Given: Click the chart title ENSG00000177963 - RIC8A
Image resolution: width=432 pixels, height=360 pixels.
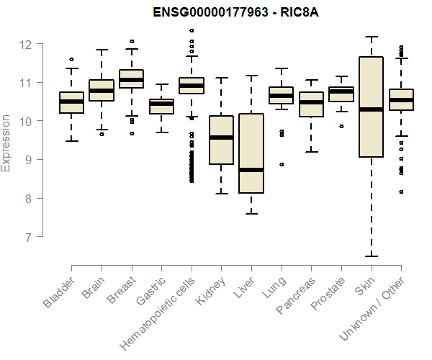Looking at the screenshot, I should pyautogui.click(x=236, y=12).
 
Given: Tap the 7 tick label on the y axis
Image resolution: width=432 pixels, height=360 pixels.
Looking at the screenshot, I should pyautogui.click(x=27, y=236).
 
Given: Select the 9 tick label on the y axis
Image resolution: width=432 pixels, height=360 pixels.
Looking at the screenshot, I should pyautogui.click(x=27, y=159).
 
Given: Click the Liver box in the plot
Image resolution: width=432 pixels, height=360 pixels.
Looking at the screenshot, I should pyautogui.click(x=251, y=153).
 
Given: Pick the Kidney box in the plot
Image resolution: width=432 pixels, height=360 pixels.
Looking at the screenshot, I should pyautogui.click(x=221, y=140).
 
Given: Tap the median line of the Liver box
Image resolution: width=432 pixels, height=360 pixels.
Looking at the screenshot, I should pyautogui.click(x=251, y=170).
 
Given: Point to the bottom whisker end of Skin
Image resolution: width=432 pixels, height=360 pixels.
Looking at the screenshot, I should pyautogui.click(x=371, y=256).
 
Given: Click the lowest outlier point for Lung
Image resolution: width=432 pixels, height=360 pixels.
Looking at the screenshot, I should pyautogui.click(x=282, y=164).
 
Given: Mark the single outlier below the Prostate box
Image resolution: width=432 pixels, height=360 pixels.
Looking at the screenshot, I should pyautogui.click(x=341, y=126).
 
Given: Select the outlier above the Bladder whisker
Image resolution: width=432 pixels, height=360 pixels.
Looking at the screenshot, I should pyautogui.click(x=71, y=59).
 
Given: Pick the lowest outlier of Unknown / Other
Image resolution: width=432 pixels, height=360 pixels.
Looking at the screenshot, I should pyautogui.click(x=401, y=192).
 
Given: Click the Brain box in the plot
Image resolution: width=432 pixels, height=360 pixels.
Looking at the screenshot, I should pyautogui.click(x=102, y=90).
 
